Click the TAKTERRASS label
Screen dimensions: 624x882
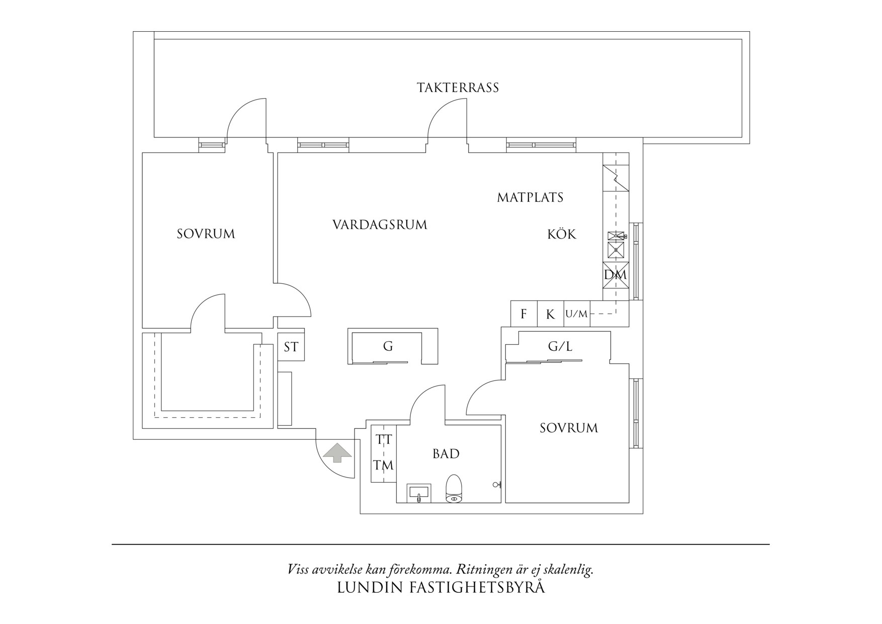(458, 88)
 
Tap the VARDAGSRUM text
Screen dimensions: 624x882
(380, 224)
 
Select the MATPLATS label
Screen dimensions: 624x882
(530, 197)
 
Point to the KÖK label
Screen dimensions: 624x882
(562, 234)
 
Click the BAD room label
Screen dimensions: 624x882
(446, 454)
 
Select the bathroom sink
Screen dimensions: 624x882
(419, 493)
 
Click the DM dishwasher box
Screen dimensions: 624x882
(615, 275)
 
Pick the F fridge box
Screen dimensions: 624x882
(523, 314)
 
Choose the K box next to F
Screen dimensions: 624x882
(550, 315)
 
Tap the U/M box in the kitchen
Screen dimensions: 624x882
(576, 314)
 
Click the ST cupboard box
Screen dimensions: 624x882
(291, 347)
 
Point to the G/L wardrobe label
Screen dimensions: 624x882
(560, 346)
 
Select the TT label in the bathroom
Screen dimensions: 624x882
(384, 440)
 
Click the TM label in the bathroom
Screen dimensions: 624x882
(383, 465)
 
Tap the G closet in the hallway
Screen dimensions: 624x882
(388, 346)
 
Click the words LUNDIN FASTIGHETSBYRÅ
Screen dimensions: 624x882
(440, 588)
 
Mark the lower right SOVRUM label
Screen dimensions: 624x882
(569, 428)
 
